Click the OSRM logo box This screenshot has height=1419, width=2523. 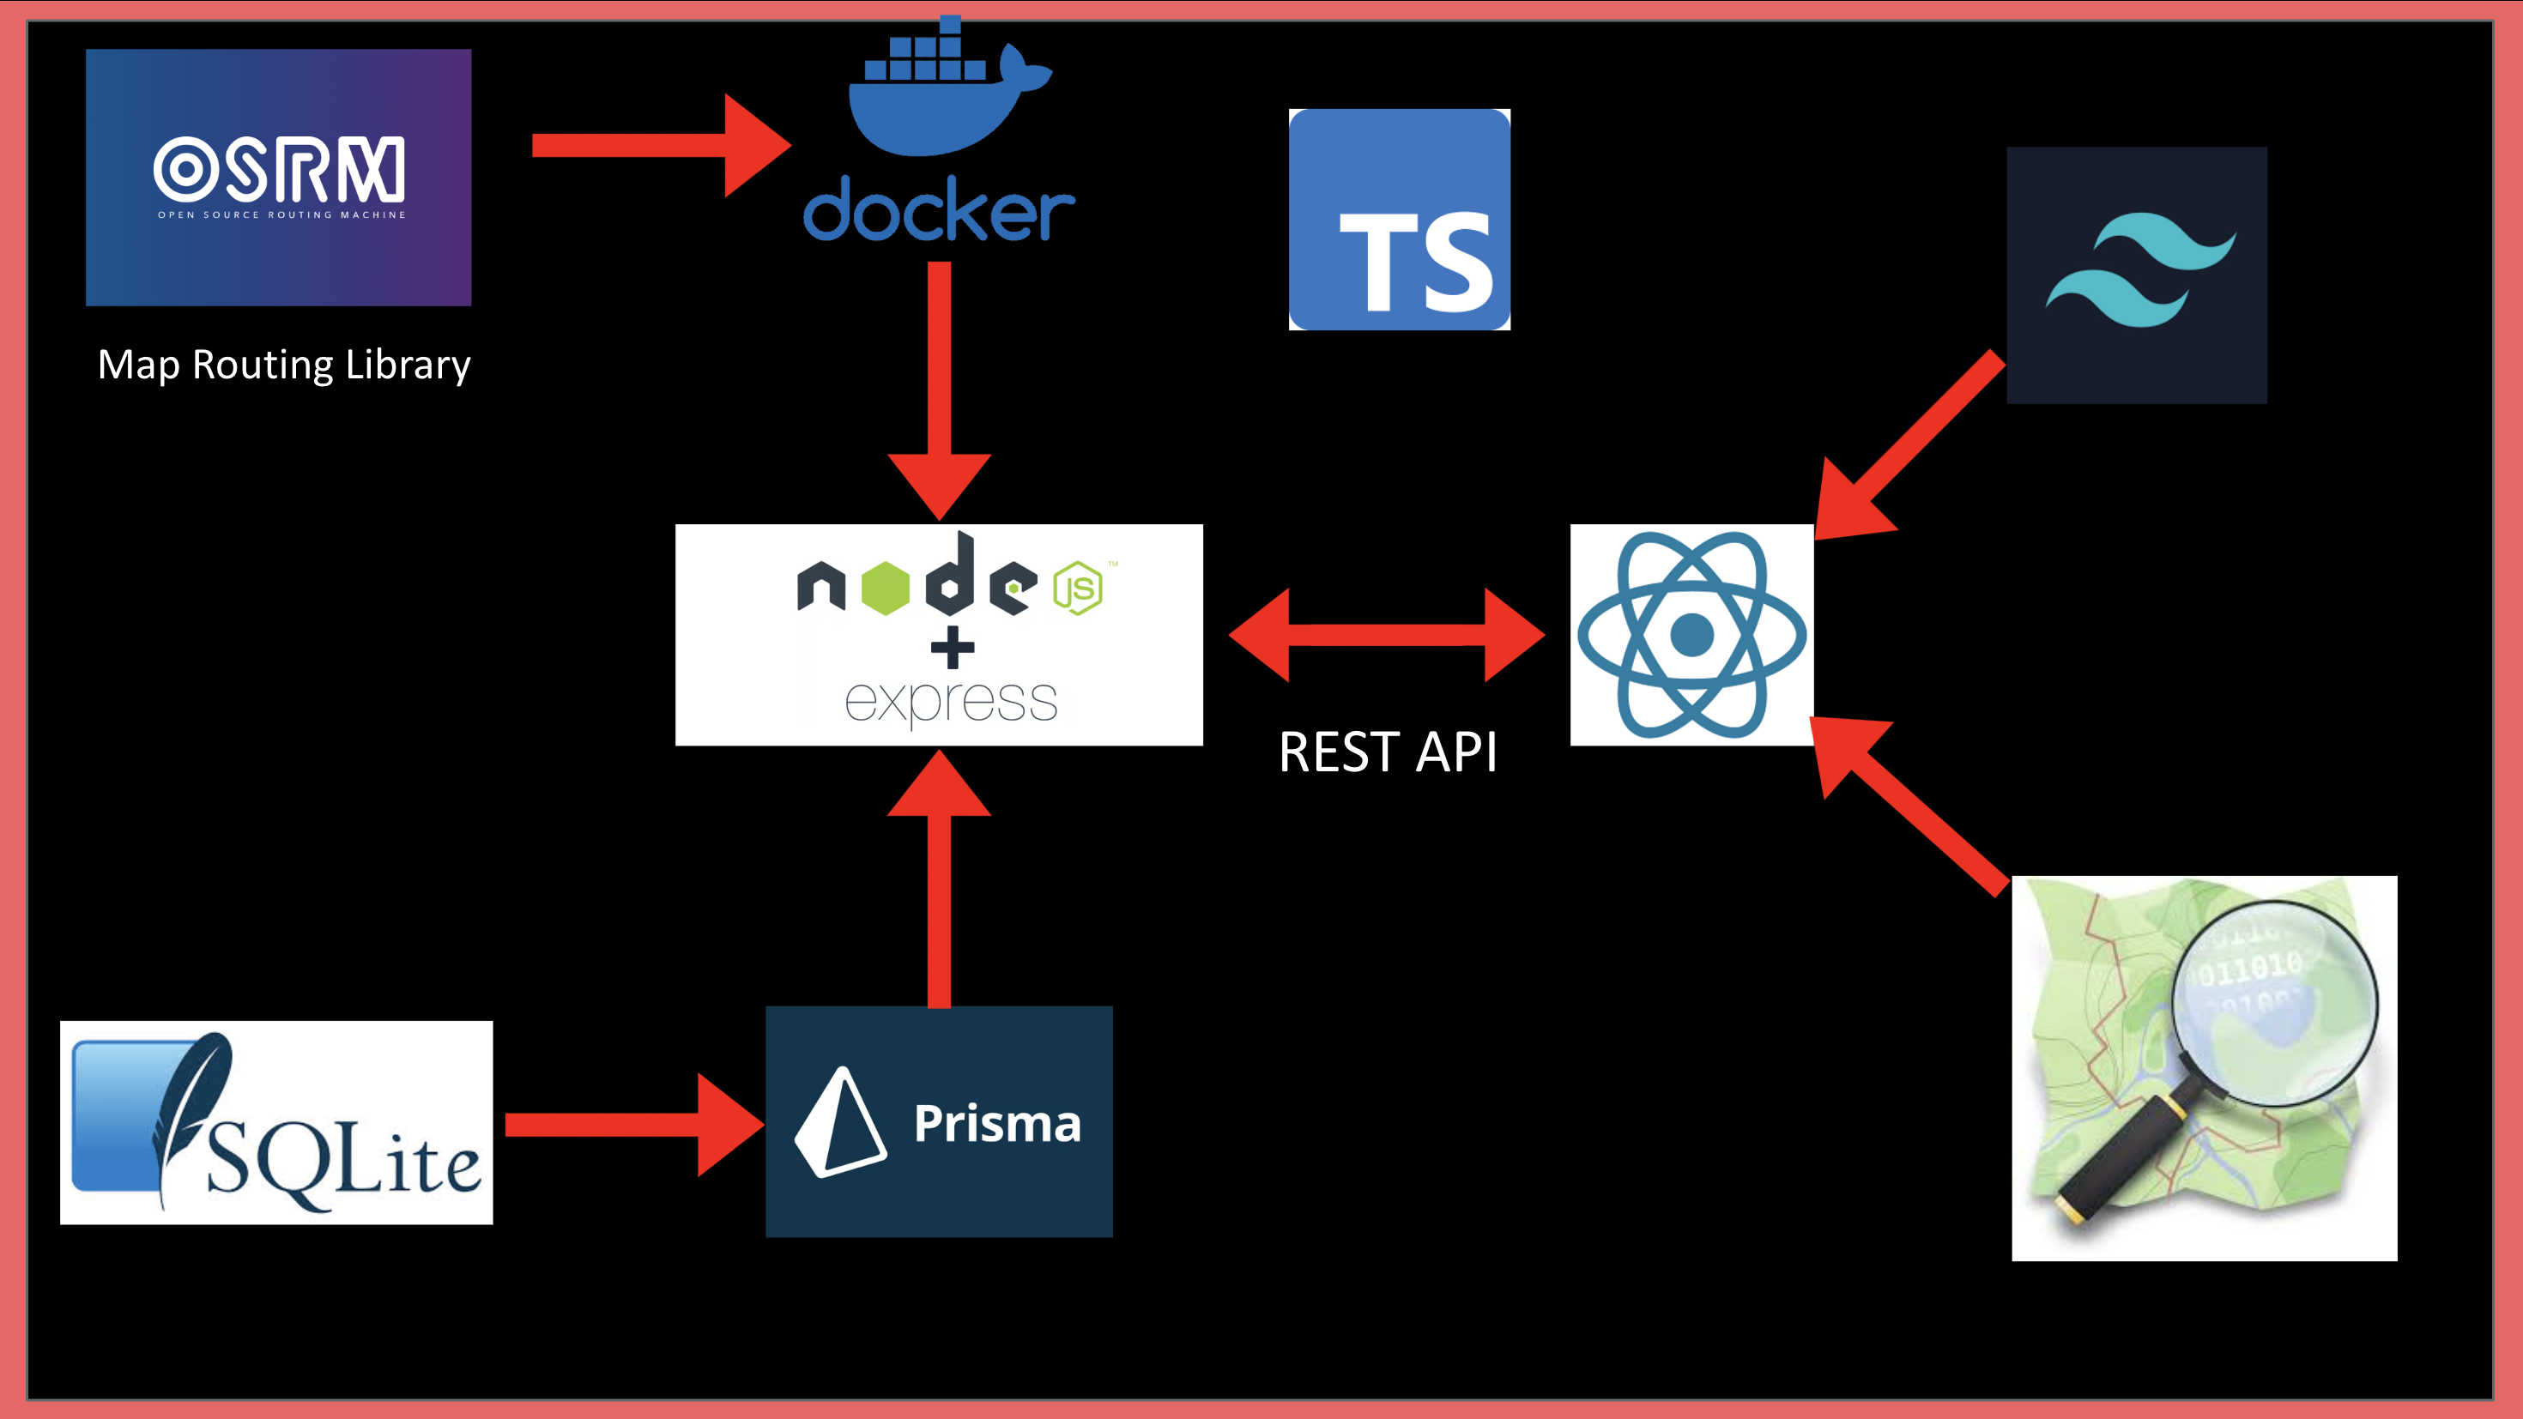click(x=278, y=178)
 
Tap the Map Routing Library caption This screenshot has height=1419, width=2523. click(x=284, y=365)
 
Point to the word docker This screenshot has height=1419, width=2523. click(x=938, y=209)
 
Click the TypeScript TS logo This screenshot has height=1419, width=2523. click(x=1399, y=220)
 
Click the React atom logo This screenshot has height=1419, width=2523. click(x=1691, y=635)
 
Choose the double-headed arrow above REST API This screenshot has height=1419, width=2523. click(x=1386, y=635)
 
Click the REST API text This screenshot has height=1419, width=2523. click(x=1387, y=752)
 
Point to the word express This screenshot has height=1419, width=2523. click(x=950, y=701)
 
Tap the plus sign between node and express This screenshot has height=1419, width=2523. click(x=952, y=649)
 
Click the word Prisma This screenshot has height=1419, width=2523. click(x=996, y=1122)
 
